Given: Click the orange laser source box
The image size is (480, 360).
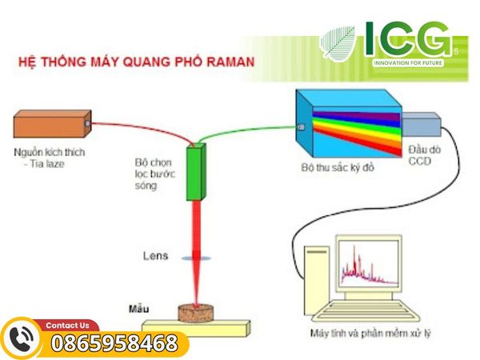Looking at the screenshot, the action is (x=52, y=124).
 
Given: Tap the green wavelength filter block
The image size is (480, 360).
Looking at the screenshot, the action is (x=196, y=172).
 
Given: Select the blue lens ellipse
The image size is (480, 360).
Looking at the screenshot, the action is (x=196, y=258).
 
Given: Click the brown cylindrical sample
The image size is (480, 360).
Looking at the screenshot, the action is (x=196, y=313).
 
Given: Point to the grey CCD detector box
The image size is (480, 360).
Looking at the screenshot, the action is (x=422, y=124).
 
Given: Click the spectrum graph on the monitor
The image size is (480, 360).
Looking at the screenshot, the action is (x=369, y=265).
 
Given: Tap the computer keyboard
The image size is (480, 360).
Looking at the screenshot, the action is (x=366, y=310).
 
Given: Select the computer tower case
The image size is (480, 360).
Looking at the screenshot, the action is (x=317, y=280).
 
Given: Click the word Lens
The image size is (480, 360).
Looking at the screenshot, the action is (x=155, y=256).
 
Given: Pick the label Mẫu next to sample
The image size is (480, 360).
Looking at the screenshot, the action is (x=139, y=309).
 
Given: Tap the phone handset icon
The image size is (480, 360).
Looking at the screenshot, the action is (x=22, y=339).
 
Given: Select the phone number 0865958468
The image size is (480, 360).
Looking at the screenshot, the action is (x=114, y=343).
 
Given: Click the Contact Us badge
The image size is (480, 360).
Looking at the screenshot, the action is (x=67, y=325).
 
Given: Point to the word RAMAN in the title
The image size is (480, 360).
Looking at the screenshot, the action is (x=230, y=62).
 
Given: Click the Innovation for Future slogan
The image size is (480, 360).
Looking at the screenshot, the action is (x=408, y=62).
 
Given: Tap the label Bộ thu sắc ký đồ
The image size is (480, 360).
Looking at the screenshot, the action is (x=338, y=167).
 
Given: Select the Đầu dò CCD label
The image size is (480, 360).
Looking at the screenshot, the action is (x=424, y=155).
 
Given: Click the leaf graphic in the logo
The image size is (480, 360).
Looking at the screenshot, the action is (x=338, y=43).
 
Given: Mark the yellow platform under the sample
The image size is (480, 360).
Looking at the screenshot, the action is (x=196, y=327).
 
